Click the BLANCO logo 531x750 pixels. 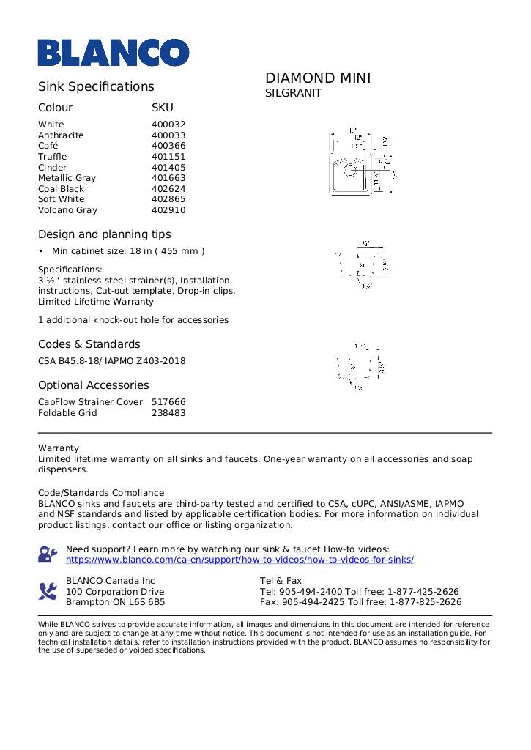click(114, 52)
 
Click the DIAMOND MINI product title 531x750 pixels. click(318, 78)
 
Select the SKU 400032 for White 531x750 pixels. click(168, 125)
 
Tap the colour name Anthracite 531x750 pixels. click(61, 135)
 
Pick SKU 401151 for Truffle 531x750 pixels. click(168, 157)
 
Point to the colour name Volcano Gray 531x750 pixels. click(67, 210)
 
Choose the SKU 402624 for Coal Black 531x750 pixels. click(168, 189)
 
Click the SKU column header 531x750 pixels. click(162, 108)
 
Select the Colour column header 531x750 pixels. click(56, 108)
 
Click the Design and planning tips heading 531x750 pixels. click(105, 234)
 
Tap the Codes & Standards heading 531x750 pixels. click(89, 344)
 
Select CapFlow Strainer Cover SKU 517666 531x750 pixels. click(168, 402)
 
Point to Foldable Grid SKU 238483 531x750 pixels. click(168, 413)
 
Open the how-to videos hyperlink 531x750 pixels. click(239, 560)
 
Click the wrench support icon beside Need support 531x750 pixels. click(48, 554)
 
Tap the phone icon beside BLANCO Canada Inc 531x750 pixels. click(48, 591)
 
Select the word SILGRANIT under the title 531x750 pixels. click(293, 94)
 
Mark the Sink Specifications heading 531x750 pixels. click(96, 86)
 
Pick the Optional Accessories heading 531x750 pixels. click(94, 385)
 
